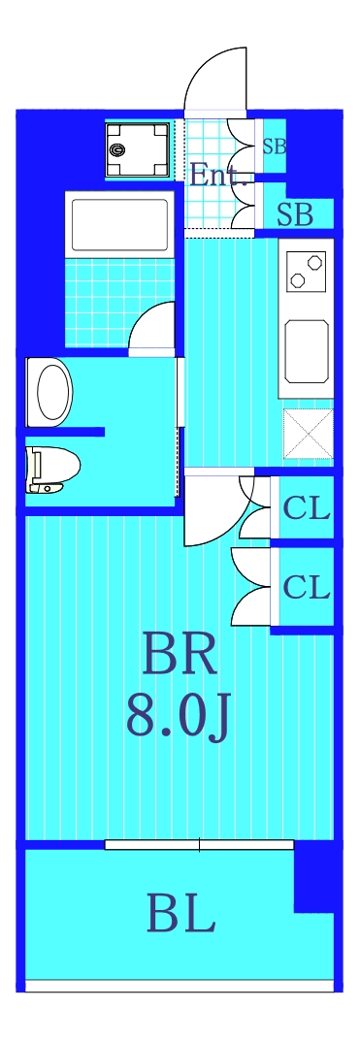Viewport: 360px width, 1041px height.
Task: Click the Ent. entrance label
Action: [x=218, y=176]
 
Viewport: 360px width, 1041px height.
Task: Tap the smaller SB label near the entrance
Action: [x=275, y=147]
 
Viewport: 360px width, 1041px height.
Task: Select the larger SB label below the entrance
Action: [x=295, y=215]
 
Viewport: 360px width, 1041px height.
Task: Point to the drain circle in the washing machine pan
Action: [x=118, y=150]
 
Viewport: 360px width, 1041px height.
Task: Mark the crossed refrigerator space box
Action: [x=306, y=433]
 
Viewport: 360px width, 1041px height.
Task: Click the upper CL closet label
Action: [x=307, y=507]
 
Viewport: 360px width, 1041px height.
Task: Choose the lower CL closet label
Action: [x=307, y=587]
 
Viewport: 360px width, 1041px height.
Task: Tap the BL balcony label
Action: [x=180, y=914]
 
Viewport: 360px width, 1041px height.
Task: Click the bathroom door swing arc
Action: [x=153, y=324]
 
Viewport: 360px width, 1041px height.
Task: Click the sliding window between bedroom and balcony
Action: [x=199, y=845]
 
